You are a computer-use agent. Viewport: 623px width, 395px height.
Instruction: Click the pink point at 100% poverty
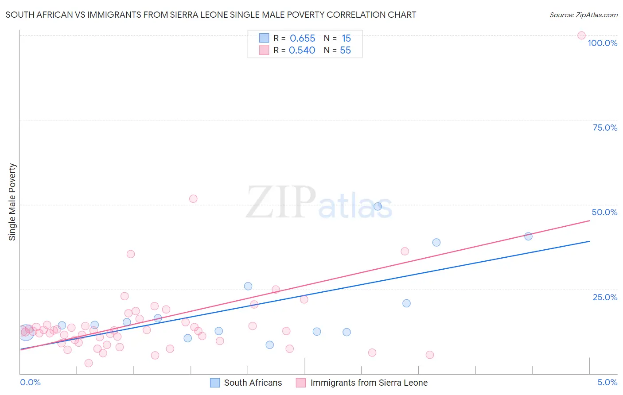tap(581, 35)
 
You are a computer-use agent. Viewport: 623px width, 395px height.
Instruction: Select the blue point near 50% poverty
tap(378, 206)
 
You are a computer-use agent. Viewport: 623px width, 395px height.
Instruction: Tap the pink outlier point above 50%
tap(193, 199)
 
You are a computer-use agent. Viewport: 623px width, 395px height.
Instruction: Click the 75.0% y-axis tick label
tap(605, 128)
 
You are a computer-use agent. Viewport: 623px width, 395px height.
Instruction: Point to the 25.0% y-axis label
tap(605, 297)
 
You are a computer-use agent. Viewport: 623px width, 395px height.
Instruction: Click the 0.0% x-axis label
tap(30, 382)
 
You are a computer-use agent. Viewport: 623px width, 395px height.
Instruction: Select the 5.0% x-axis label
tap(607, 382)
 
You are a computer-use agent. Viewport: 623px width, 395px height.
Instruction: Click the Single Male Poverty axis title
tap(12, 202)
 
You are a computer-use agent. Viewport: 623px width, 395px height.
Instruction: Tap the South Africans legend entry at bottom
tap(253, 383)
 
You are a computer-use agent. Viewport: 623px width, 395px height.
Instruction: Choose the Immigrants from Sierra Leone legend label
tap(369, 383)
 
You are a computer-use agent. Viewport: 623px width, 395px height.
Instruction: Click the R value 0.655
tap(302, 39)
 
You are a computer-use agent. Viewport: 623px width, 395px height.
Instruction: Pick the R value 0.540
tap(302, 50)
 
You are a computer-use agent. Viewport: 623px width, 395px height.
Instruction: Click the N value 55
tap(345, 50)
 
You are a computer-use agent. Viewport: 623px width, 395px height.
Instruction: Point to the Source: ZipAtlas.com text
tap(583, 15)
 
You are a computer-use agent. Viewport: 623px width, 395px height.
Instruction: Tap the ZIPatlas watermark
tap(319, 203)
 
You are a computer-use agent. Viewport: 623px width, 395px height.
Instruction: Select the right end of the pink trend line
tap(589, 221)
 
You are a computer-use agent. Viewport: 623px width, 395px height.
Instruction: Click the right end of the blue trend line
tap(589, 241)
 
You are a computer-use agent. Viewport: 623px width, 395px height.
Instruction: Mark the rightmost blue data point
tap(528, 236)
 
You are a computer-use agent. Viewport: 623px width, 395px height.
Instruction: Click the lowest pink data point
tap(89, 363)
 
